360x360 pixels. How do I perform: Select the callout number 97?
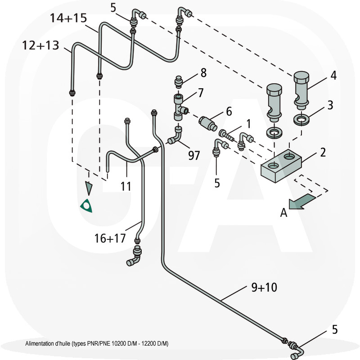click(194, 156)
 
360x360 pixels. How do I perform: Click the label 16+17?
click(110, 238)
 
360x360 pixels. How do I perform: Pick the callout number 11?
click(126, 186)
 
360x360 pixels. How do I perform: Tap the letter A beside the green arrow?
click(283, 213)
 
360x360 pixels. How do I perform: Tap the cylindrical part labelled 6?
click(209, 121)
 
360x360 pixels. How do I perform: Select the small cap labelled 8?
click(179, 82)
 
